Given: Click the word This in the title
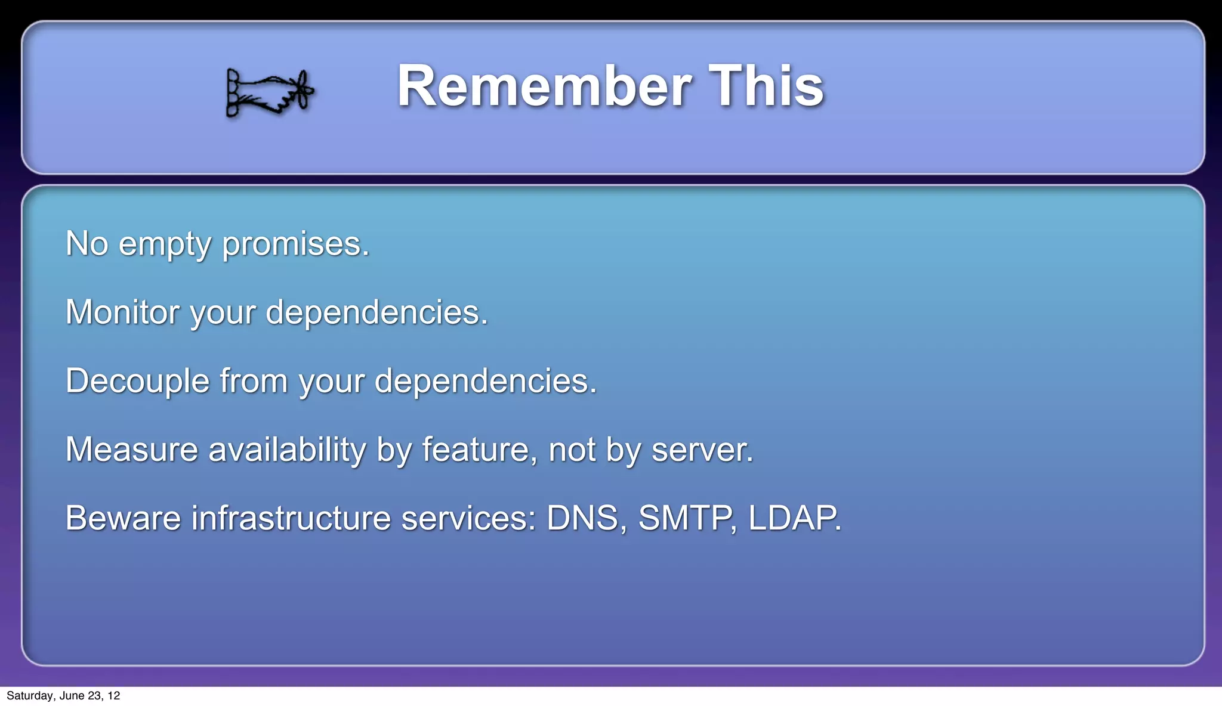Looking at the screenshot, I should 766,86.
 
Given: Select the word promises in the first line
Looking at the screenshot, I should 296,244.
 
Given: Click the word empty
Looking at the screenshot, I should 165,244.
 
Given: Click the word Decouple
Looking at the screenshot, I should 137,382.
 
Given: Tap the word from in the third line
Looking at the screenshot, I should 254,382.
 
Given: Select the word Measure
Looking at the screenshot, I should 131,450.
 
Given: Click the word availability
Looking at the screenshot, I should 286,450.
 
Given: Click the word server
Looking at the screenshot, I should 702,450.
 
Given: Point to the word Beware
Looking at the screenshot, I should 123,518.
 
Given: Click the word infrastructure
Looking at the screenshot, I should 291,518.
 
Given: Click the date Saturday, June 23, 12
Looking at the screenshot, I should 63,696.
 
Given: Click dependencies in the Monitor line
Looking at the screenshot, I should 376,312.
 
